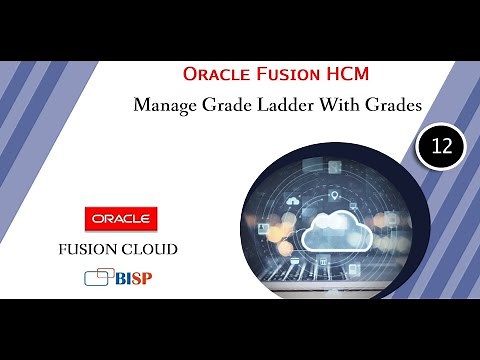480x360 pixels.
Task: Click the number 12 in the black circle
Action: click(442, 147)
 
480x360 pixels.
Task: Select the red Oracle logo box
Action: click(120, 217)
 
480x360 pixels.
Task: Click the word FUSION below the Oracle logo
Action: click(98, 247)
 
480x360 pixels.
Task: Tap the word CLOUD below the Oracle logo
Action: click(155, 247)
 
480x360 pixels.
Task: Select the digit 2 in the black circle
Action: click(447, 147)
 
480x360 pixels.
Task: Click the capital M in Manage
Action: click(142, 105)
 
